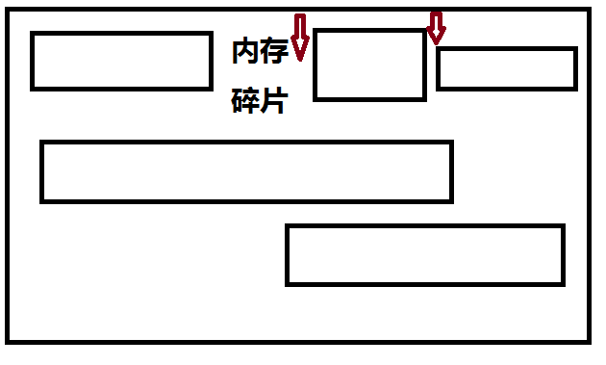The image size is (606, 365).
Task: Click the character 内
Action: tap(245, 52)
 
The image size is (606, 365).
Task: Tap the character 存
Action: tap(274, 52)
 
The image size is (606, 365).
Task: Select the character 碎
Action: tap(245, 101)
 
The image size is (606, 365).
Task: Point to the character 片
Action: tap(274, 101)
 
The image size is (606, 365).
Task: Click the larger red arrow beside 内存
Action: tap(300, 38)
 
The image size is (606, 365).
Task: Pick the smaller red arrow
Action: tap(437, 28)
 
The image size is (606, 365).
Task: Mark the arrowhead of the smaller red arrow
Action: tap(437, 39)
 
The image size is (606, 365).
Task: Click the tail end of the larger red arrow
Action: tap(300, 17)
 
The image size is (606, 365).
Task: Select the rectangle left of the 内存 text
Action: tap(121, 61)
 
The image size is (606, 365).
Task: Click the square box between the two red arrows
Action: tap(369, 65)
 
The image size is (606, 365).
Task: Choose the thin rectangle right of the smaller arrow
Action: tap(506, 68)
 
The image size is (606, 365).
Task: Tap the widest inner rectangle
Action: tap(246, 171)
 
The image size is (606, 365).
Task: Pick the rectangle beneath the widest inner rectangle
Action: tap(424, 255)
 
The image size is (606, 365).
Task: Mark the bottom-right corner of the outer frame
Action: tap(589, 341)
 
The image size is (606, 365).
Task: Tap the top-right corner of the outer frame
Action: tap(589, 11)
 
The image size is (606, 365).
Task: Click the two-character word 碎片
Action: tap(260, 101)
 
